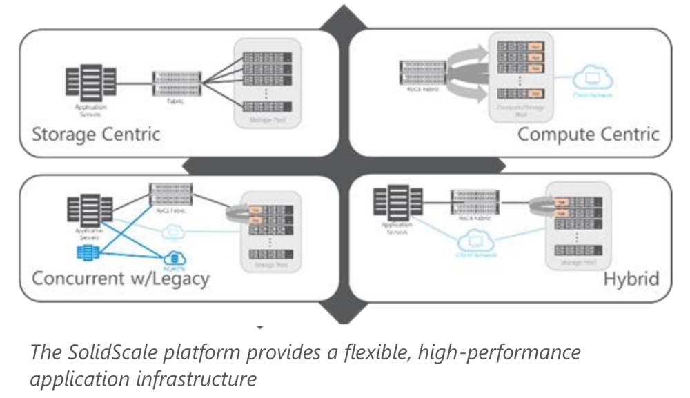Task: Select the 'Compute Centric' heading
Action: click(x=588, y=133)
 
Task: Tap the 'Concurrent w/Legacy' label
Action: click(x=121, y=279)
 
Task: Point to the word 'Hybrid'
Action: click(x=631, y=279)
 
